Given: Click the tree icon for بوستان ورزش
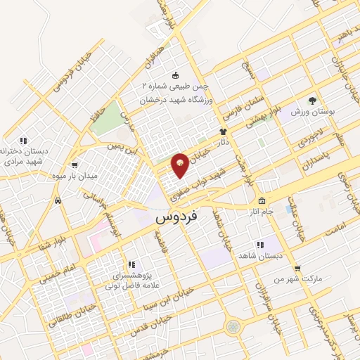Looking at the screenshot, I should tap(313, 101).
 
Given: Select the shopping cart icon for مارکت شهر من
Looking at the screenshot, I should tap(297, 269).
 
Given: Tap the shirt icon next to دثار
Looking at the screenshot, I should tap(224, 131).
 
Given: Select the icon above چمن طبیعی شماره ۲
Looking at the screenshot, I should tap(174, 77).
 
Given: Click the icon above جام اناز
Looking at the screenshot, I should tap(262, 200).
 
